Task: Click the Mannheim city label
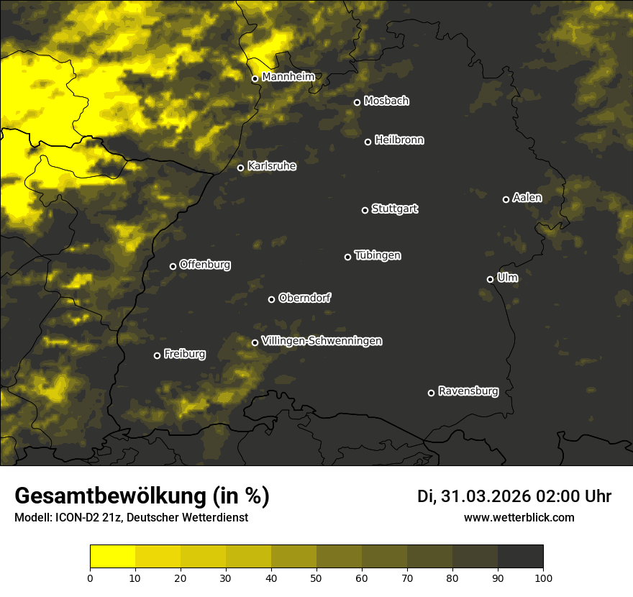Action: (x=288, y=76)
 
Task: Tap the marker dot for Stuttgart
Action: (x=365, y=210)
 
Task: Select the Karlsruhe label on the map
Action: (x=271, y=166)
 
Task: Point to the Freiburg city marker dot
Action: (x=157, y=355)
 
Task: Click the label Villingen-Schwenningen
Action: (x=322, y=341)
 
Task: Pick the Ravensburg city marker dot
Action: (x=431, y=393)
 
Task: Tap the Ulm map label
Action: (x=507, y=278)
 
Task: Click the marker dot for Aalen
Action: (x=506, y=199)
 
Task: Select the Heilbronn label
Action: (x=399, y=140)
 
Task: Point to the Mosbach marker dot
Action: (x=357, y=102)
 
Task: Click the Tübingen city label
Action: (x=378, y=255)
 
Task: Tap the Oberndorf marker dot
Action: (x=271, y=299)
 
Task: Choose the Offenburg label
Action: (x=205, y=265)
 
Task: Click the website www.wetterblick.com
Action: (x=519, y=517)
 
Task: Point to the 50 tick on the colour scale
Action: (x=316, y=577)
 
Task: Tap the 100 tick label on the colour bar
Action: (x=543, y=577)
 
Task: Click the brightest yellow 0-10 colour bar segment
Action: (x=112, y=556)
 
